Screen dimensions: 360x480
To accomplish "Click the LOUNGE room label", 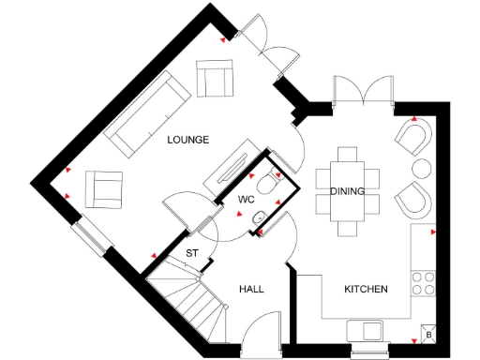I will (x=187, y=140).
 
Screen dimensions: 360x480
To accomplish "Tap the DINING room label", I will (x=347, y=192).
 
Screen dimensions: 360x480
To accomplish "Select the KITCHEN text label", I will (x=366, y=289).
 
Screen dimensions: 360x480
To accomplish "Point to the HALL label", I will (x=251, y=289).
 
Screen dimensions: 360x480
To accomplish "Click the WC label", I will (x=247, y=200).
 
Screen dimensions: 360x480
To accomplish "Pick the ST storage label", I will (x=192, y=253).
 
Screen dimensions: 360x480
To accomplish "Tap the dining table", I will (x=347, y=191).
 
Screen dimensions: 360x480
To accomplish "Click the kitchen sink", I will (x=365, y=329).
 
